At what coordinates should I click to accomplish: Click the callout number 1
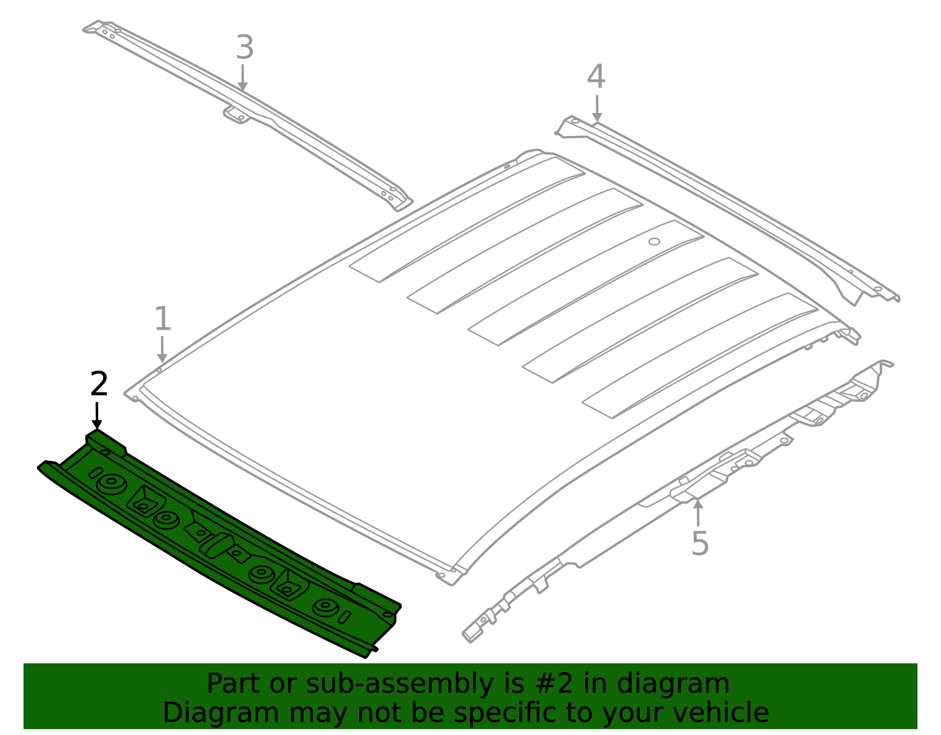point(162,318)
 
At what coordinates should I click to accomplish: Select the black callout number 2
point(99,384)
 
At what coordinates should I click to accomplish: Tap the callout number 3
point(245,48)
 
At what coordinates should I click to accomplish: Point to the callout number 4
point(596,77)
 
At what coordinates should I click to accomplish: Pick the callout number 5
point(700,543)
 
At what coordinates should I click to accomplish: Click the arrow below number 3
point(242,78)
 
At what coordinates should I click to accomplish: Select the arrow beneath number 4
point(597,109)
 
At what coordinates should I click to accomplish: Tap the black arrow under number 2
point(96,416)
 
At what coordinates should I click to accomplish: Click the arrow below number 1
point(162,350)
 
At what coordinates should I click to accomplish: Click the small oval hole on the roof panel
point(654,242)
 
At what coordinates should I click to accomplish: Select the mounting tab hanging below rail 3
point(236,115)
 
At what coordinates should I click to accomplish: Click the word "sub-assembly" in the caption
point(399,684)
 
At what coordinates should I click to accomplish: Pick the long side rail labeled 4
point(728,210)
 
